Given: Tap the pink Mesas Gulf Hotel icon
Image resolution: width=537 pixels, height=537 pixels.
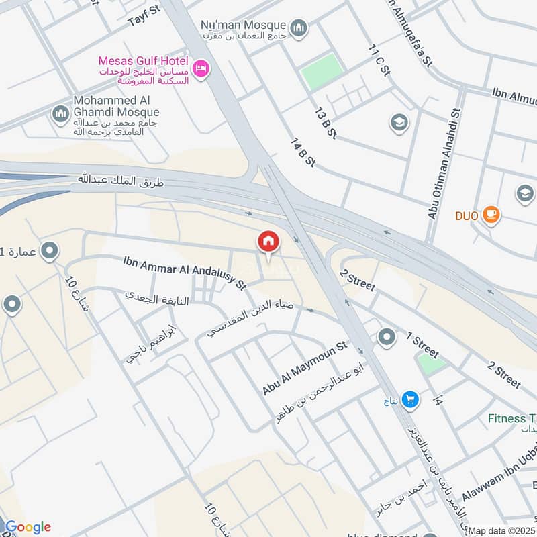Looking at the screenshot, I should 201,68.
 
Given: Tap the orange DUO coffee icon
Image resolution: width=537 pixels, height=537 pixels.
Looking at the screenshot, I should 491,215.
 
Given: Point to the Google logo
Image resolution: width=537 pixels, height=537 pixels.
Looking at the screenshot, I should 28,527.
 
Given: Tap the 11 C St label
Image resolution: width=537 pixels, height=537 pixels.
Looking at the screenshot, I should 379,60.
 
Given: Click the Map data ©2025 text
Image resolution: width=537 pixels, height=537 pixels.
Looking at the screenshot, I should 501,530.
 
